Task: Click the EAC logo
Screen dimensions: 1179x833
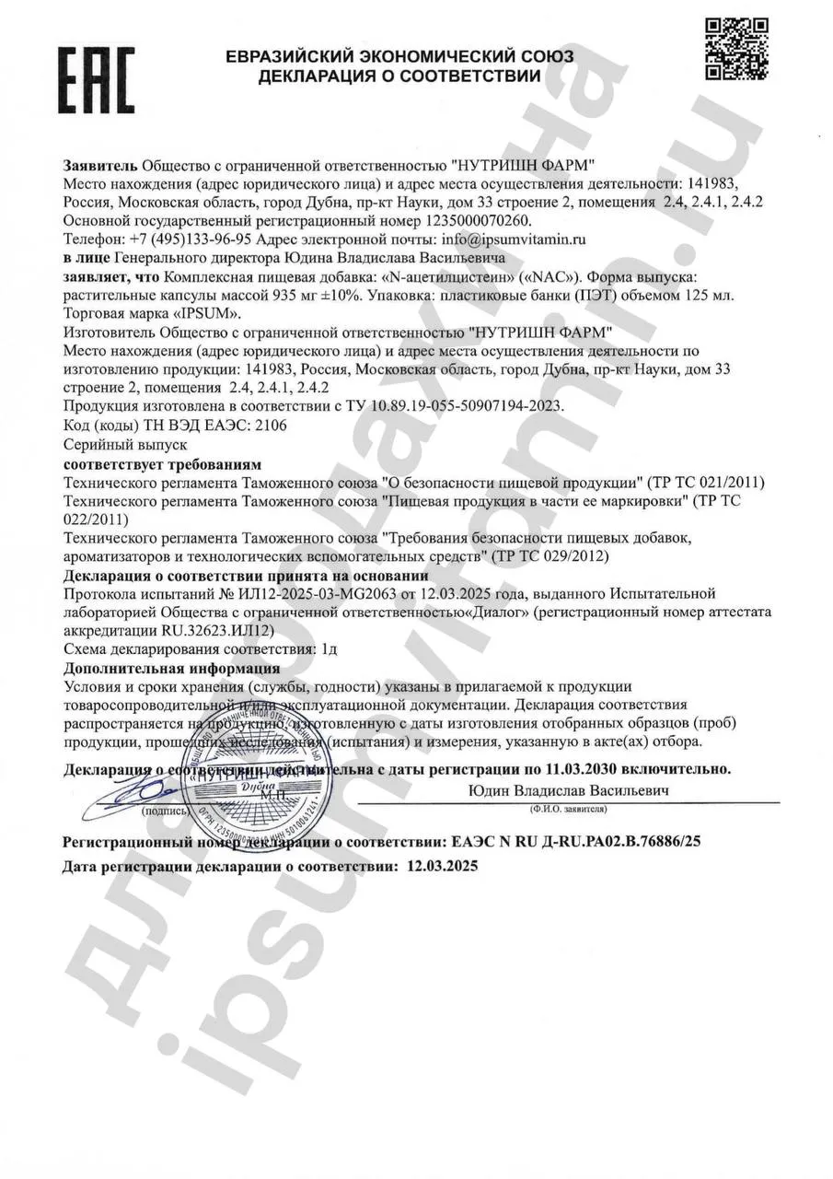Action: point(96,77)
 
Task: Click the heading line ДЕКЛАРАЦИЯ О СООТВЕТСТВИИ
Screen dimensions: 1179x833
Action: point(399,76)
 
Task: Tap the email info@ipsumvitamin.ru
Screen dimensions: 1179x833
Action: point(500,239)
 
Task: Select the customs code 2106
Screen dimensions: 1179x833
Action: point(270,425)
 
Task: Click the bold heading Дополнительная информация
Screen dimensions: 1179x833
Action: point(171,668)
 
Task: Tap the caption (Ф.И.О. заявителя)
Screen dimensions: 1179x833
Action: point(568,808)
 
